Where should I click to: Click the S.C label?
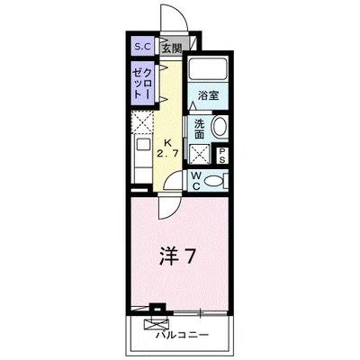coord(142,49)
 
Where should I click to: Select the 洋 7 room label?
coord(178,255)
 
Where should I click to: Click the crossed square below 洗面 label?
coord(200,152)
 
